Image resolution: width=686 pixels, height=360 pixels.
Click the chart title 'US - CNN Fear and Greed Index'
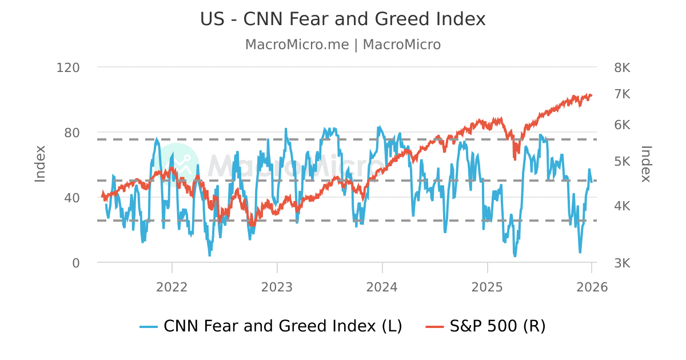[x=342, y=19]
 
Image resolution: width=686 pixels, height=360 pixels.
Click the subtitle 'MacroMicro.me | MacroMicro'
[x=342, y=45]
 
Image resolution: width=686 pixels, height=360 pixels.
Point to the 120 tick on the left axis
[x=68, y=67]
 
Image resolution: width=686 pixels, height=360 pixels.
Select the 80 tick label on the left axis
[x=72, y=133]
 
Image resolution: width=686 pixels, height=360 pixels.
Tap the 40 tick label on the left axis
[x=72, y=198]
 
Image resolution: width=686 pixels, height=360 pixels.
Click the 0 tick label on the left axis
[x=75, y=263]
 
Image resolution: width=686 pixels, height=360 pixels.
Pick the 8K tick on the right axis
[x=622, y=67]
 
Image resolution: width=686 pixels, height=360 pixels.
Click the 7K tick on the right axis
[x=622, y=94]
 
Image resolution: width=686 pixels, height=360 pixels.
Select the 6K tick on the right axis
[x=622, y=125]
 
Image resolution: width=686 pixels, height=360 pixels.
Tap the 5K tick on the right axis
[x=622, y=161]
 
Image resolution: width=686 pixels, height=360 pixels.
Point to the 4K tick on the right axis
[x=622, y=206]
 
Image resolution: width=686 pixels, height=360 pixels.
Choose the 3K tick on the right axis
[x=622, y=263]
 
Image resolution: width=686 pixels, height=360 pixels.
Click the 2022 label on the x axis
[x=172, y=287]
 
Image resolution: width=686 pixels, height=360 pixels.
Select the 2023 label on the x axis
[x=277, y=287]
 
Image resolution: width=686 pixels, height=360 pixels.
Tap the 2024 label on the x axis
[x=382, y=287]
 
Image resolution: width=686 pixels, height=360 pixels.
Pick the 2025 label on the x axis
[x=487, y=287]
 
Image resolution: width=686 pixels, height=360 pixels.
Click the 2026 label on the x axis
[x=592, y=287]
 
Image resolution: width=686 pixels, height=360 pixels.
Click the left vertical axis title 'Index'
[x=40, y=164]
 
